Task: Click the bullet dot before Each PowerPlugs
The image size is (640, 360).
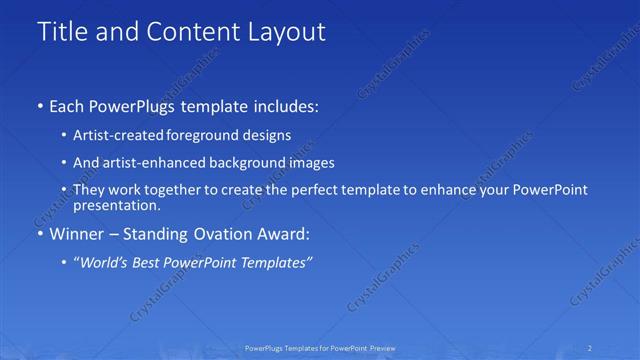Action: (40, 104)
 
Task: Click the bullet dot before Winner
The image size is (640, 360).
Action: (40, 234)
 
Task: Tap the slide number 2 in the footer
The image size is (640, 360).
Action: (590, 348)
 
